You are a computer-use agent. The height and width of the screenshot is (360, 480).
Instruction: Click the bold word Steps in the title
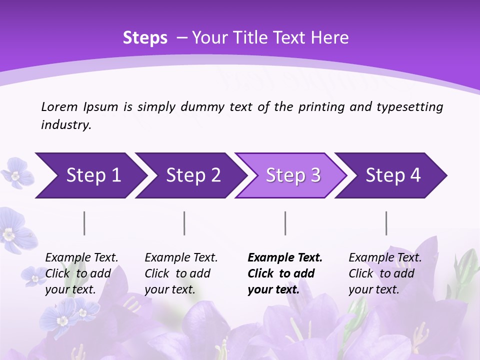point(145,38)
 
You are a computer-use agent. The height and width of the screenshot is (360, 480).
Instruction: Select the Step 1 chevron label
point(93,175)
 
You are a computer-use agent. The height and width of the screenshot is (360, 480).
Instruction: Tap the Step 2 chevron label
point(193,175)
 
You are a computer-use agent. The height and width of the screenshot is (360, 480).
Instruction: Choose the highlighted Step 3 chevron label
point(293,175)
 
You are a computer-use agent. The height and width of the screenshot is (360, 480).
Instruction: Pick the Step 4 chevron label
point(393,175)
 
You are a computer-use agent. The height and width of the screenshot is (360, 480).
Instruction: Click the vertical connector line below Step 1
point(84,223)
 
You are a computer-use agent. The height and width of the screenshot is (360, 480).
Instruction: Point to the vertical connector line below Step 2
point(184,223)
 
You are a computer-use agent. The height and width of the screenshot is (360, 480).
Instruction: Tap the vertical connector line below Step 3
point(285,223)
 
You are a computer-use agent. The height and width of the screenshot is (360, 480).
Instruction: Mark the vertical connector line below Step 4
point(386,223)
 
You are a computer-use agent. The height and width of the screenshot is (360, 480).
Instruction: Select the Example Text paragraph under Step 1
point(81,273)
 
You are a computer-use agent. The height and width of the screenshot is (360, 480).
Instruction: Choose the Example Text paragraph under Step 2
point(181,273)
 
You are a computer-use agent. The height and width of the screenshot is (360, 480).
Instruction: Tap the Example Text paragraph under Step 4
point(385,273)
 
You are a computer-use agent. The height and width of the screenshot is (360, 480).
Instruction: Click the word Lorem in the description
point(59,107)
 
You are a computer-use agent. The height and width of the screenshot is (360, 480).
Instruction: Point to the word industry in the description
point(65,125)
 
